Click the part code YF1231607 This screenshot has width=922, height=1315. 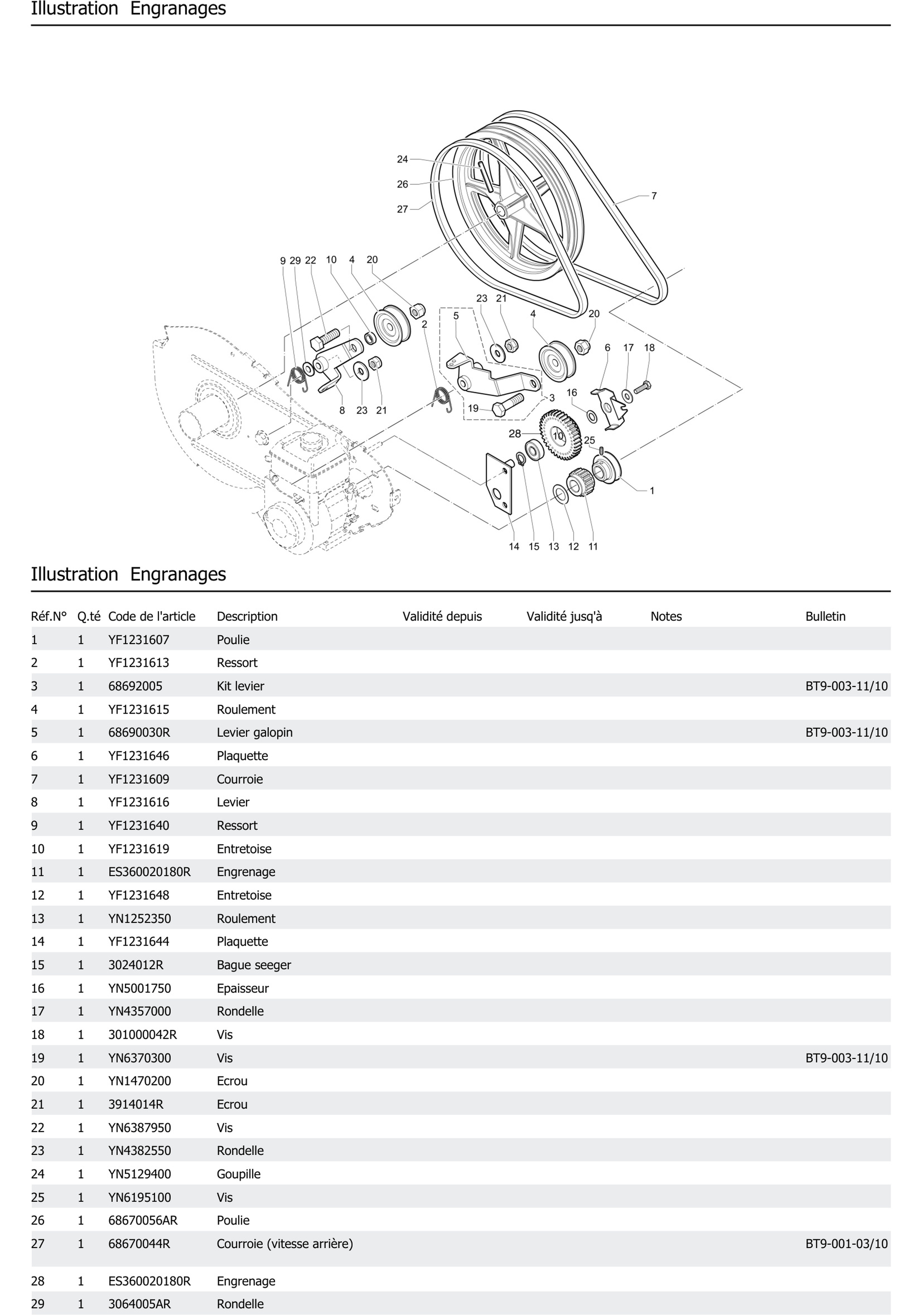click(x=139, y=640)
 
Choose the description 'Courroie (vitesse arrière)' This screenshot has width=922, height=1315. click(x=285, y=1244)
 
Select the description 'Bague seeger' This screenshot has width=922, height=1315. click(x=254, y=965)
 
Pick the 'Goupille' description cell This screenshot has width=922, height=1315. click(x=238, y=1174)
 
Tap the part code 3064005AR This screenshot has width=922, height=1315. click(x=139, y=1304)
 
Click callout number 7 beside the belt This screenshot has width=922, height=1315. click(x=654, y=196)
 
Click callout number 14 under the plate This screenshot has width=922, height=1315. click(x=514, y=547)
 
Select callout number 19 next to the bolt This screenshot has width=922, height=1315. click(x=473, y=408)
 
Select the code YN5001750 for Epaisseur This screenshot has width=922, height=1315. click(x=140, y=988)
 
